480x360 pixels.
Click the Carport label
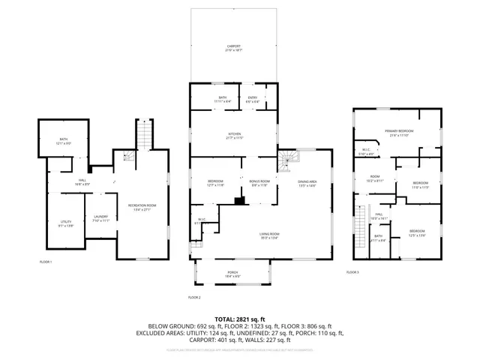[235, 48]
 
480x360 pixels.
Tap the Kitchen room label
[235, 136]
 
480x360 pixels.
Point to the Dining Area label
[307, 182]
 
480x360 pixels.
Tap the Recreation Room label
[141, 205]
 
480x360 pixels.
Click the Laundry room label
[101, 219]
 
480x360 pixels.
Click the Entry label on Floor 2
[252, 98]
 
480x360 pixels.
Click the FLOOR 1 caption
[46, 261]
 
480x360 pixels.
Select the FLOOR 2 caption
[194, 298]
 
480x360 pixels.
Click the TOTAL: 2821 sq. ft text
[239, 319]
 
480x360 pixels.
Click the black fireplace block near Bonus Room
[238, 200]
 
